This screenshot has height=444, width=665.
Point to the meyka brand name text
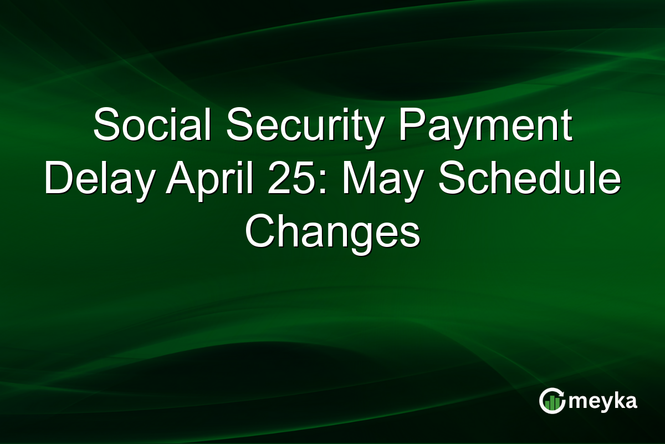603,401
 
